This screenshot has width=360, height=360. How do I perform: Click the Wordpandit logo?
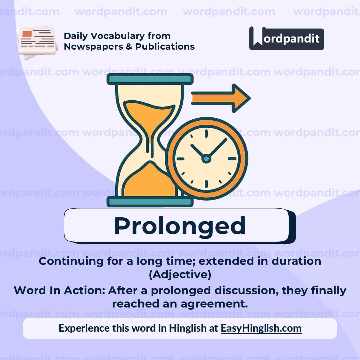pos(286,38)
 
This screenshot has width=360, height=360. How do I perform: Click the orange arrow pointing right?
pos(220,98)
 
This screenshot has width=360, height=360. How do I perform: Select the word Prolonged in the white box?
pos(180,226)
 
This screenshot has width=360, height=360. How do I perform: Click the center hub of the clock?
pos(206,159)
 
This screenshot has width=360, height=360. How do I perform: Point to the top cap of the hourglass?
pos(150,79)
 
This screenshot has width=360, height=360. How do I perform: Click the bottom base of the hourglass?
pos(150,202)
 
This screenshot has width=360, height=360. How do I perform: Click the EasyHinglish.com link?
pos(261,328)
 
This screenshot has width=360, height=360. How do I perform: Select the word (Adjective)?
pos(180,275)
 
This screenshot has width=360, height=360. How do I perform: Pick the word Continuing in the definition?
pos(67,261)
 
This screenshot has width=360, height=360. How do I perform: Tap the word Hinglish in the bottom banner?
pos(188,328)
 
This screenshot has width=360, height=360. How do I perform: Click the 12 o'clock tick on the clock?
pos(206,133)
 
